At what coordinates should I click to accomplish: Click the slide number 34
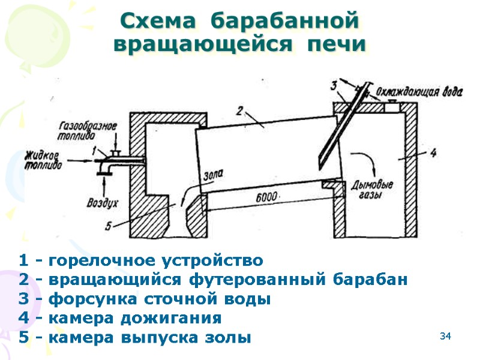(x=445, y=335)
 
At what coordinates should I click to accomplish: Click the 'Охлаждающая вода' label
(x=419, y=92)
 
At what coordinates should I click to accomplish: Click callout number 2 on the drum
(x=238, y=111)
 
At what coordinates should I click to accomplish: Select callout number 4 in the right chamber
(x=433, y=152)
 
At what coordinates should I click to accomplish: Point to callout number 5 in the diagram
(x=109, y=226)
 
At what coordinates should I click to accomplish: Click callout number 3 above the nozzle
(x=334, y=86)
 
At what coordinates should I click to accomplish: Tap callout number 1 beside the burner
(x=94, y=152)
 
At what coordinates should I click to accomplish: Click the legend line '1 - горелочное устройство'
(x=141, y=261)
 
